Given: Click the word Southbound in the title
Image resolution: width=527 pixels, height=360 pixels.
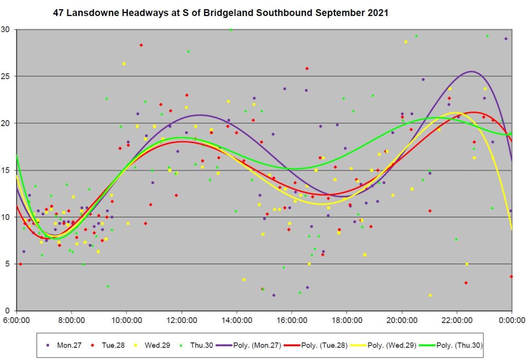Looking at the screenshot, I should tap(267, 12).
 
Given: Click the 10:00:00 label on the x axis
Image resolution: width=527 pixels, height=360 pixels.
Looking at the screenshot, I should tap(127, 319).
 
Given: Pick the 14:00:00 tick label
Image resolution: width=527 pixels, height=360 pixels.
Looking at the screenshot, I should tap(237, 319).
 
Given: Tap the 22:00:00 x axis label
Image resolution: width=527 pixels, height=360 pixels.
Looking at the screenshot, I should tap(457, 319).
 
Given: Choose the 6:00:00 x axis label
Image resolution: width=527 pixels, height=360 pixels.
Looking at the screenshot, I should tap(17, 319).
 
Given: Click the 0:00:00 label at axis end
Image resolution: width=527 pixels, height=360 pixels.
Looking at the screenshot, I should tap(512, 319).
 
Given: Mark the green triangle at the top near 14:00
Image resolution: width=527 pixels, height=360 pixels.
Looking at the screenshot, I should tap(231, 30).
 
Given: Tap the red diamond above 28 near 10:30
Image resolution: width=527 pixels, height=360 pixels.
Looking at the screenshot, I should tap(141, 45).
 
